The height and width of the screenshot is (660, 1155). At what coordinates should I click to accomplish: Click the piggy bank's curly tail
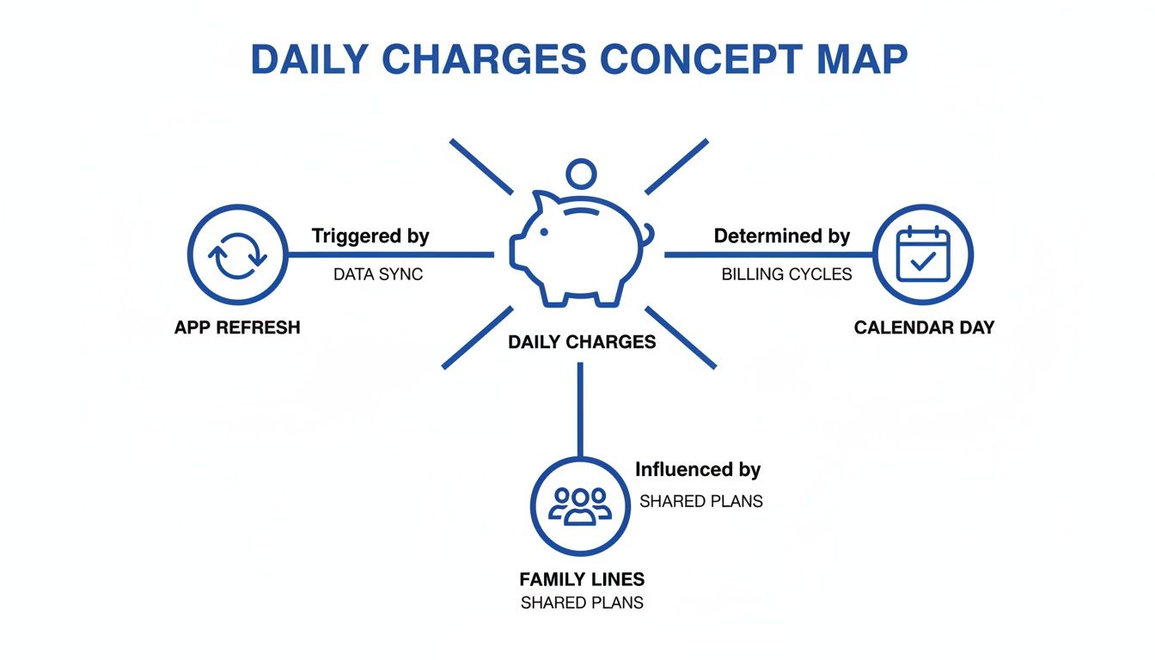point(646,234)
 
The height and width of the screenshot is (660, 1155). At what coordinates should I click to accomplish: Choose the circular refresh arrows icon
point(237,255)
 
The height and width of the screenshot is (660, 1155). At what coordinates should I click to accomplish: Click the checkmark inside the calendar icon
point(922,261)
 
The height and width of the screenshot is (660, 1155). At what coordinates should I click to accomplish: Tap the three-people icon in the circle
point(581,505)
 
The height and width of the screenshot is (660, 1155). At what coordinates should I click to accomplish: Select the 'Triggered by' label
point(370,235)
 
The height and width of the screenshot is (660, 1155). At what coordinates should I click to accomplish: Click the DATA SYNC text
point(378,274)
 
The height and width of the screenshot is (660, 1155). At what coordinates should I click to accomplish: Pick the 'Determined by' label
point(782,235)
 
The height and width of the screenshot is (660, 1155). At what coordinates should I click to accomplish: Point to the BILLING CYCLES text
point(786,274)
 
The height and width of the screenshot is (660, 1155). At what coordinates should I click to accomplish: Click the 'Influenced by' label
point(698,470)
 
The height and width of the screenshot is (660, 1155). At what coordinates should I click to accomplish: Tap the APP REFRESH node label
point(237,327)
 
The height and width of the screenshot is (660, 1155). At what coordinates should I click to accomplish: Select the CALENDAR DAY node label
point(924,327)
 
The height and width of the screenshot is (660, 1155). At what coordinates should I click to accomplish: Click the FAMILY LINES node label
point(582,579)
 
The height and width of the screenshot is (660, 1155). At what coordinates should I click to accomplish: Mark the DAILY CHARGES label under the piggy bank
point(582,342)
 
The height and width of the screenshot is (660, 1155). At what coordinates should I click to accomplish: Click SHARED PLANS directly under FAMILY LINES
point(582,602)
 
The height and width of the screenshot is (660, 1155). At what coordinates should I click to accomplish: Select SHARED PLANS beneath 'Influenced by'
point(701,501)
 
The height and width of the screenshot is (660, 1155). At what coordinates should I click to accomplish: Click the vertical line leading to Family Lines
point(581,408)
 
